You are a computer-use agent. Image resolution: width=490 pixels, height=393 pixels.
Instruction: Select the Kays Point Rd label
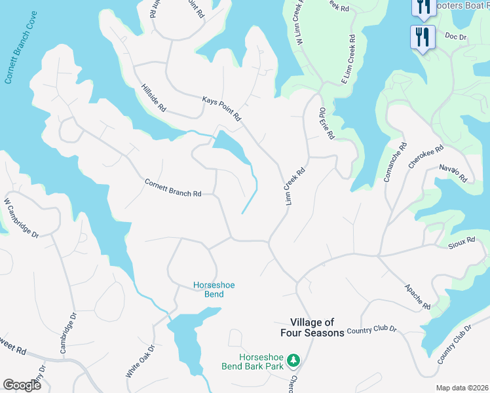coord(222,108)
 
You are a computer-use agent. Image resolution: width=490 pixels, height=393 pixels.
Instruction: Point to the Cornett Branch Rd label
coord(173,188)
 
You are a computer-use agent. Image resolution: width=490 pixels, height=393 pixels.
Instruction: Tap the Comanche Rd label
coord(394,162)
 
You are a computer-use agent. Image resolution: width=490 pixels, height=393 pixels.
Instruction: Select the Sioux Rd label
coord(461,241)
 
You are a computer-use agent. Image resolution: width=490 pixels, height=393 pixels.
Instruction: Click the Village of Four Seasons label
coord(317,327)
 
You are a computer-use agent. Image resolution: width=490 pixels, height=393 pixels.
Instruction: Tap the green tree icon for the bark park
coord(294,360)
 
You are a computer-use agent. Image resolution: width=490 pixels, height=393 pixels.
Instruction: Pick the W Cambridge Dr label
coord(22,218)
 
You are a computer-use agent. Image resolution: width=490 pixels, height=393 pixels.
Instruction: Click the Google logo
coord(22,385)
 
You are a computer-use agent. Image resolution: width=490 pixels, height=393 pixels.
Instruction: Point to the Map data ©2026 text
coord(462,388)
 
